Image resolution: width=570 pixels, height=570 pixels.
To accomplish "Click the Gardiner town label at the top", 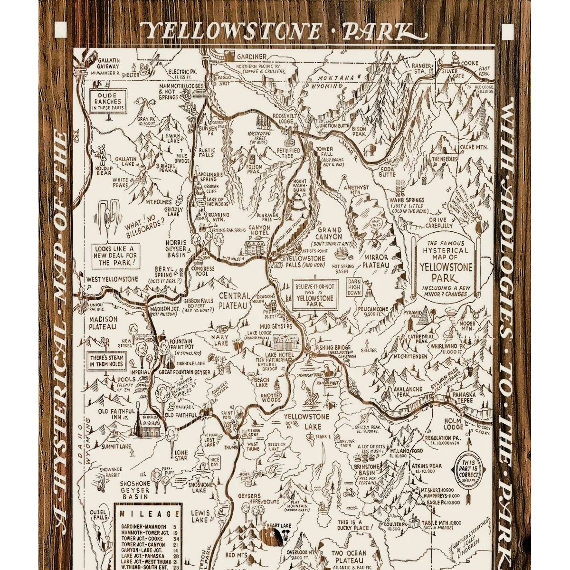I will pos(252,56).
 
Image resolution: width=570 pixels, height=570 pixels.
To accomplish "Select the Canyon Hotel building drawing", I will pos(256,246).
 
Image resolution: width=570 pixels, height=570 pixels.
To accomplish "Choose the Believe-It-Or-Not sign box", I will pos(314,294).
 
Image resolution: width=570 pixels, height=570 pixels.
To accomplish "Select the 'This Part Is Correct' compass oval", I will pos(468,469).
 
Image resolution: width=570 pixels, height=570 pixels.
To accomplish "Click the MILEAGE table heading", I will pos(148,514).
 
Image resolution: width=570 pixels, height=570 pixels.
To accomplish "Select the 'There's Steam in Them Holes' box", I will pos(105,361).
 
